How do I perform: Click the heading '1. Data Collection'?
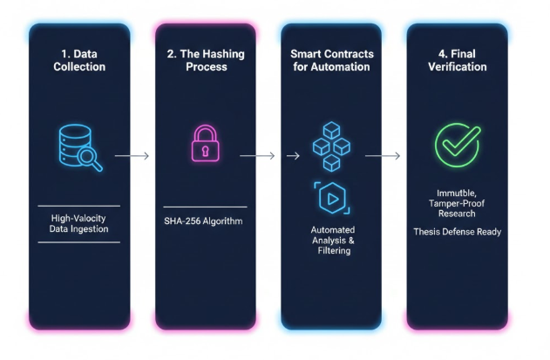[x=78, y=60]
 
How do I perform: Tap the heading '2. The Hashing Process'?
[x=205, y=60]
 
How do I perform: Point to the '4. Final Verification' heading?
[x=456, y=60]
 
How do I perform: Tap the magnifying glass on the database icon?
[x=91, y=159]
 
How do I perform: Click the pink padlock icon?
[x=205, y=144]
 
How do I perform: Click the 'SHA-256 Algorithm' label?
[x=205, y=221]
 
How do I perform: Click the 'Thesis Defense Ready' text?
[x=456, y=232]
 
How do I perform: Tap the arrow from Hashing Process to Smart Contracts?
[x=257, y=156]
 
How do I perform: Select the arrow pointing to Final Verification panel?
[x=384, y=156]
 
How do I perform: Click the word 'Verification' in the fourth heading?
[x=456, y=67]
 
